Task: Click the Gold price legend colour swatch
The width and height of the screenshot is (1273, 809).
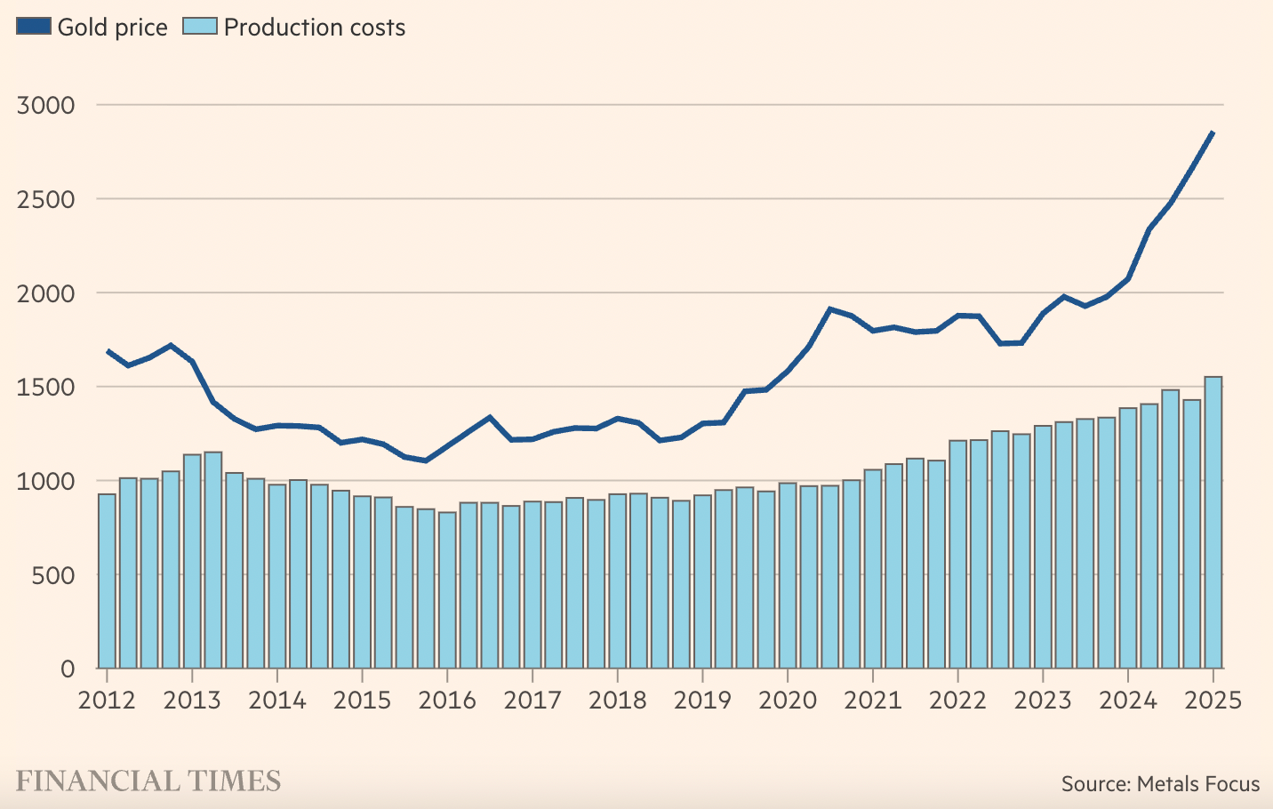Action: coord(34,26)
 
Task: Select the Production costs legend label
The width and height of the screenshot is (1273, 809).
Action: coord(314,28)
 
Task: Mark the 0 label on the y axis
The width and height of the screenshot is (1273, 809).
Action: coord(68,669)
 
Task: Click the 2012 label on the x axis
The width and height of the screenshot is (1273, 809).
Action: coord(107,701)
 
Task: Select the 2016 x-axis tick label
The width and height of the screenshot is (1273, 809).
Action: coord(447,701)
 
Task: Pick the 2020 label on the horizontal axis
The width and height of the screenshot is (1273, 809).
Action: coord(788,701)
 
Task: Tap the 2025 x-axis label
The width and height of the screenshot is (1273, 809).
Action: coord(1213,701)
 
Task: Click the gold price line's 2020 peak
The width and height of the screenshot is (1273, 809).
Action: coord(829,309)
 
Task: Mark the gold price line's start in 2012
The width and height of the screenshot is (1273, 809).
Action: coord(108,351)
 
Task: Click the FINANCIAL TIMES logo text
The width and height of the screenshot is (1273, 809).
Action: coord(148,781)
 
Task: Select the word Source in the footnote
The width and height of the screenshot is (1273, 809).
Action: coord(1094,784)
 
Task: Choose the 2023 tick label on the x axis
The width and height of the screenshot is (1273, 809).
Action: coord(1043,701)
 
